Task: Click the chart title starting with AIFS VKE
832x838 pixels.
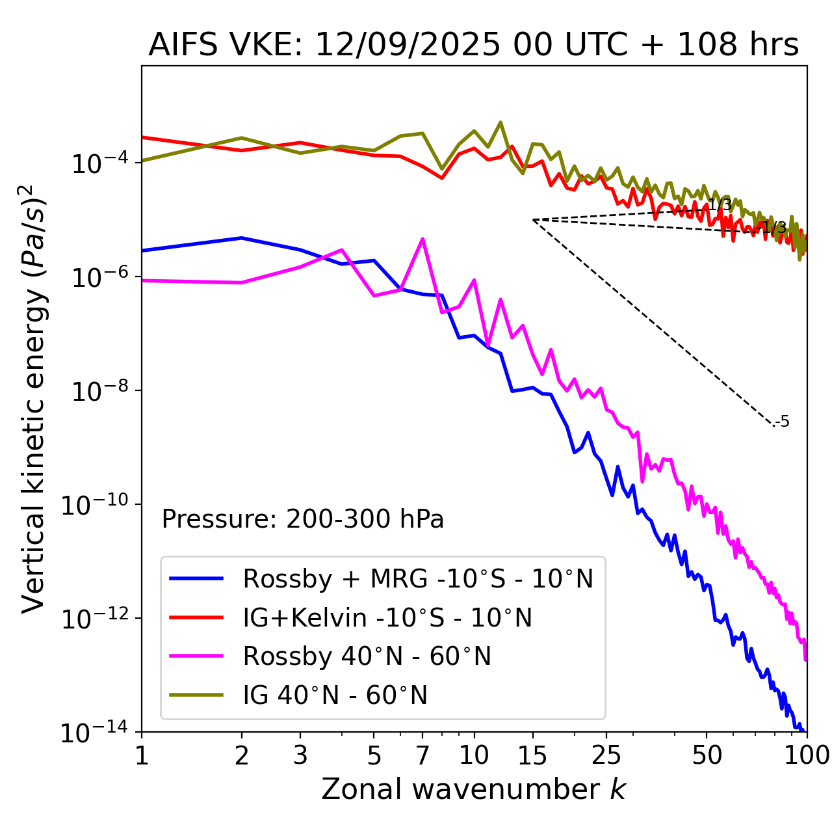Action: point(473,46)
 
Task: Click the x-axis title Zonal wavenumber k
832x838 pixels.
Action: point(473,789)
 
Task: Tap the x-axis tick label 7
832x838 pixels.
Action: point(422,755)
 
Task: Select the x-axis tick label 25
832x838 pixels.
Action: point(606,755)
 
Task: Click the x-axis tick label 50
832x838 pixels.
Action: point(707,755)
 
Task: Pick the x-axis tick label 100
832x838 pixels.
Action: point(806,755)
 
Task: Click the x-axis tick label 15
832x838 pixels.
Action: point(532,755)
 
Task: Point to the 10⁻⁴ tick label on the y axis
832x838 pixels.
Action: point(97,163)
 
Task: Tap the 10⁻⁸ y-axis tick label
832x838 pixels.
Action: point(97,391)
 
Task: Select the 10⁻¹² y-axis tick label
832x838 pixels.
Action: point(97,619)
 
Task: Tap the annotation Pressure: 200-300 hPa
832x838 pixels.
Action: point(303,519)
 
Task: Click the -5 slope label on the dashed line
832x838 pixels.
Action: point(783,422)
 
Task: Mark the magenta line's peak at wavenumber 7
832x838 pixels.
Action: point(422,239)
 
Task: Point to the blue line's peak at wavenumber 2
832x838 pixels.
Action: point(242,238)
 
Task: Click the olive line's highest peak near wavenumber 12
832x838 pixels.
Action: point(500,122)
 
